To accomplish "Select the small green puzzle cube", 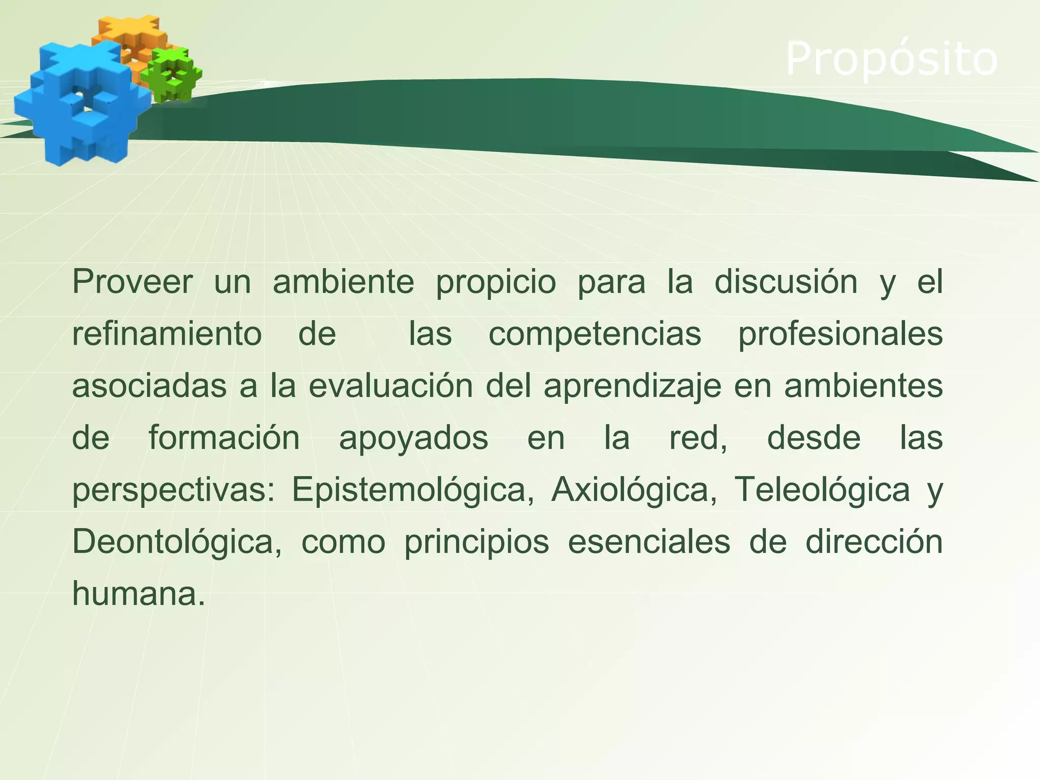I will click(172, 74).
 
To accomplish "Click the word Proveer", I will click(133, 282).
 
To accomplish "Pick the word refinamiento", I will click(167, 334).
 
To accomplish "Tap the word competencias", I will click(595, 335).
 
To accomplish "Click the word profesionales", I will click(840, 335).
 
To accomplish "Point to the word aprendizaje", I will click(632, 387).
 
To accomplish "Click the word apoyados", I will click(413, 439).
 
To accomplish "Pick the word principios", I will click(476, 543).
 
